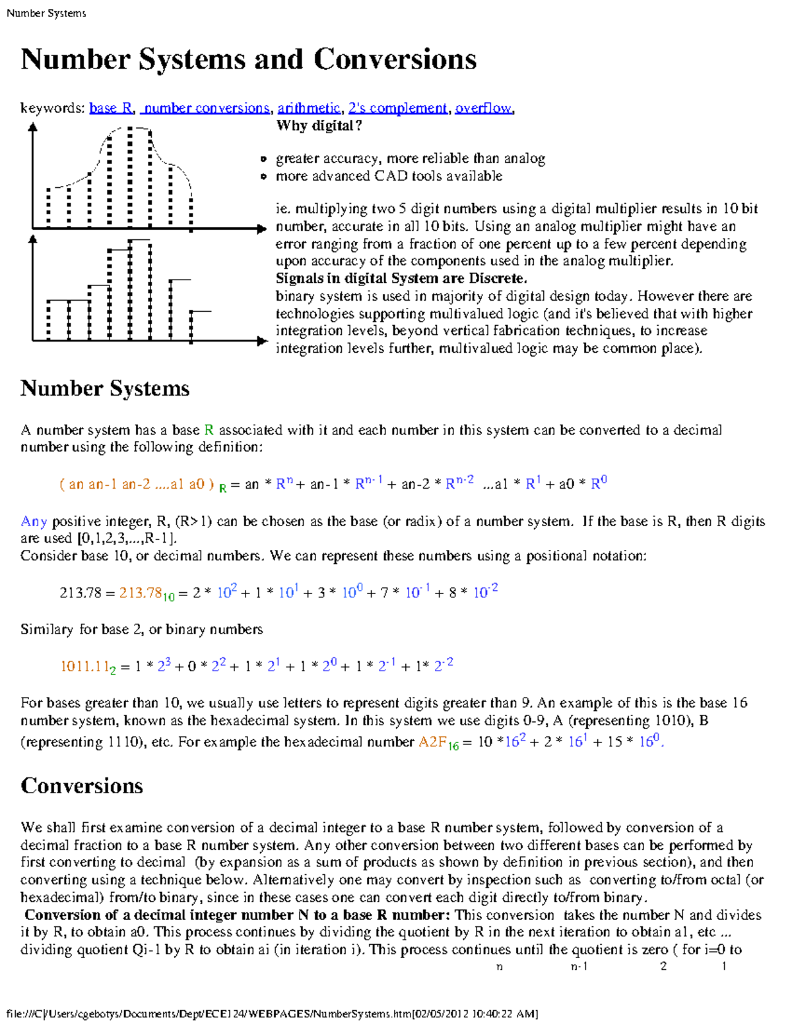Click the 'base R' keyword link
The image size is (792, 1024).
pyautogui.click(x=111, y=108)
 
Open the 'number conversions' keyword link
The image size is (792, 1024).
pyautogui.click(x=207, y=108)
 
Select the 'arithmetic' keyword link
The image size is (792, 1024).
pyautogui.click(x=308, y=108)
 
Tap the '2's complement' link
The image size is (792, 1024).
pyautogui.click(x=397, y=108)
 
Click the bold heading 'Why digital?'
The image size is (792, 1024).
pyautogui.click(x=319, y=126)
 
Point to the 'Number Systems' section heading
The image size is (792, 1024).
pyautogui.click(x=105, y=388)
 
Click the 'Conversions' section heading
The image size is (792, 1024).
pyautogui.click(x=82, y=786)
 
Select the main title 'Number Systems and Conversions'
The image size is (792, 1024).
pyautogui.click(x=248, y=59)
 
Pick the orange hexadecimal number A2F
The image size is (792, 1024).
pyautogui.click(x=433, y=742)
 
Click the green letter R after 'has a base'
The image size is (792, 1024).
pyautogui.click(x=209, y=430)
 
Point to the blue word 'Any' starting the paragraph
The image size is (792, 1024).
pyautogui.click(x=34, y=522)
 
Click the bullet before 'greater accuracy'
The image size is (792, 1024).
pyautogui.click(x=263, y=159)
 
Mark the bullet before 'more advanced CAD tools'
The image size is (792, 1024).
pyautogui.click(x=263, y=177)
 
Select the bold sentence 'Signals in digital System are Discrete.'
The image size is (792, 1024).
pyautogui.click(x=401, y=278)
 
